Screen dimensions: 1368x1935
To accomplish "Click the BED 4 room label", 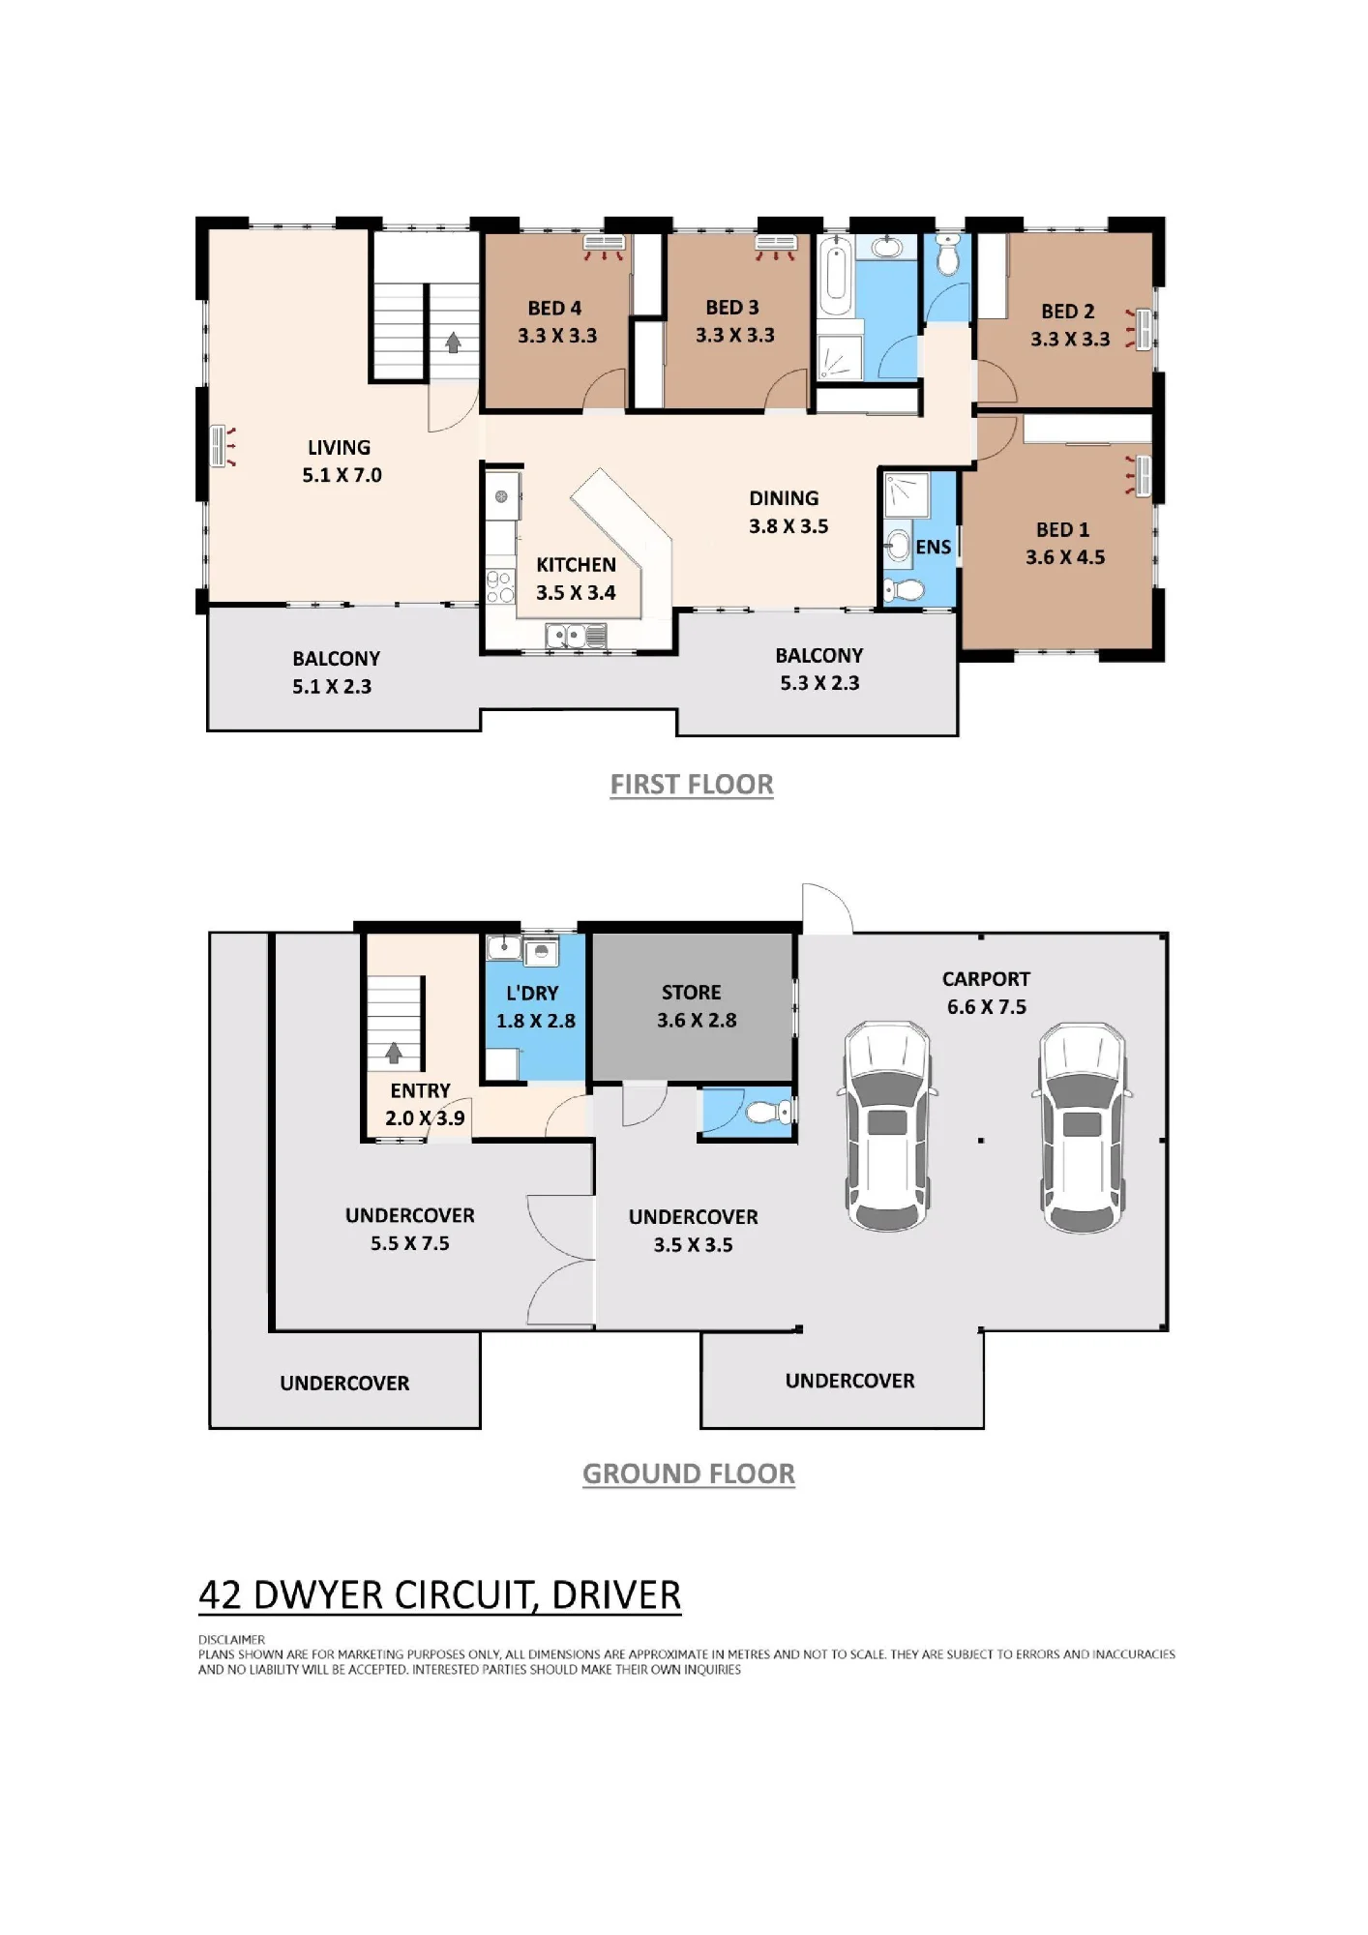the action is coord(554,308).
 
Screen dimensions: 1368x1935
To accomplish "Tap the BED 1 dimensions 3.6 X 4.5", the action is coord(1065,557).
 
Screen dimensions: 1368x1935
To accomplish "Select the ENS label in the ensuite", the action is coord(934,547).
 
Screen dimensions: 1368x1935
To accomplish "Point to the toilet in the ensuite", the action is coord(903,589).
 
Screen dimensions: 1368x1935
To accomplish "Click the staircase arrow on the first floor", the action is coord(453,342).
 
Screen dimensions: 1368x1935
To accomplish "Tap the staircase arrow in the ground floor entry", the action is coord(394,1053).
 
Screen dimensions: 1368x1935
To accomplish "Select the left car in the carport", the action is coord(887,1126).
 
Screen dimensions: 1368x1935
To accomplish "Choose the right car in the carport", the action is coord(1082,1127).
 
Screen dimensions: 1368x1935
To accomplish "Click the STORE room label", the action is coord(691,992).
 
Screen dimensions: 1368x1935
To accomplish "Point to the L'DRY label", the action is coord(532,993).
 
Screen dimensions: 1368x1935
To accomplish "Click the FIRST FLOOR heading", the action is coord(692,785).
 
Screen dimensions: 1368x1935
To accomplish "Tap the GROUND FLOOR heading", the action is coord(689,1474).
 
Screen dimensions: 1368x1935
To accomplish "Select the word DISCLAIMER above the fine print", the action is coord(231,1640).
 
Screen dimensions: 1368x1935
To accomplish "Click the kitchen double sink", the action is coord(576,636).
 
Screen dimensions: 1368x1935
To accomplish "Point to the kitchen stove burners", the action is coord(500,587).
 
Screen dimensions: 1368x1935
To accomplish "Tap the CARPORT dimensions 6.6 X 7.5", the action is coord(987,1007).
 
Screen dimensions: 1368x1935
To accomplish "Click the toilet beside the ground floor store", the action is coord(770,1113).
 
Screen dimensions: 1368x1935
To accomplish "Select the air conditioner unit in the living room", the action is coord(219,447).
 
